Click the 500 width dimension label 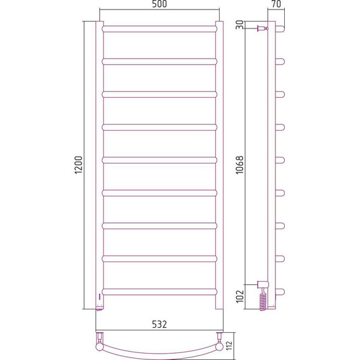pos(159,4)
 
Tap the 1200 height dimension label pos(79,165)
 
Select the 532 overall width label pos(159,324)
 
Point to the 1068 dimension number pos(240,165)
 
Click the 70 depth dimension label pos(276,4)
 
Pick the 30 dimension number pos(240,25)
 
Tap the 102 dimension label pos(240,296)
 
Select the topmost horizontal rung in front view pos(159,29)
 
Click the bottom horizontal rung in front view pos(159,292)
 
